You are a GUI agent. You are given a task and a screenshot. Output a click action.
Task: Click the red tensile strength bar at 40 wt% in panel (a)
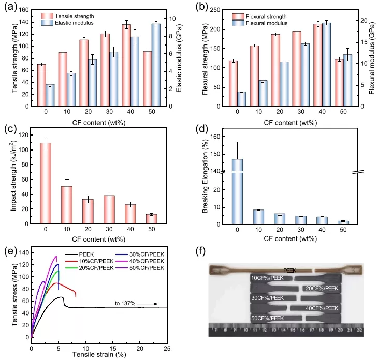tap(126, 65)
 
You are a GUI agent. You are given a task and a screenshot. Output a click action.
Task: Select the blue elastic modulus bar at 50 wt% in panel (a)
tap(156, 65)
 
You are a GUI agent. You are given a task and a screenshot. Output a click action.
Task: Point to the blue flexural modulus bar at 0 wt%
tap(241, 99)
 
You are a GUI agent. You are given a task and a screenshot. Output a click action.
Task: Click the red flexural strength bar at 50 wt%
tap(339, 83)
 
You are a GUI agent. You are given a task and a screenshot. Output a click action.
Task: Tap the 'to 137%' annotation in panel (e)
tap(125, 303)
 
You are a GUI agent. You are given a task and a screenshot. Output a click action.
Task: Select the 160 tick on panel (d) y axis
tap(221, 137)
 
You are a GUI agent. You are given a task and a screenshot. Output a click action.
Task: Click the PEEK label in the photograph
tap(290, 271)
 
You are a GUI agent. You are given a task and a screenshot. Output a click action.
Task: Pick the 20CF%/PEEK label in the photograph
tap(322, 288)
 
